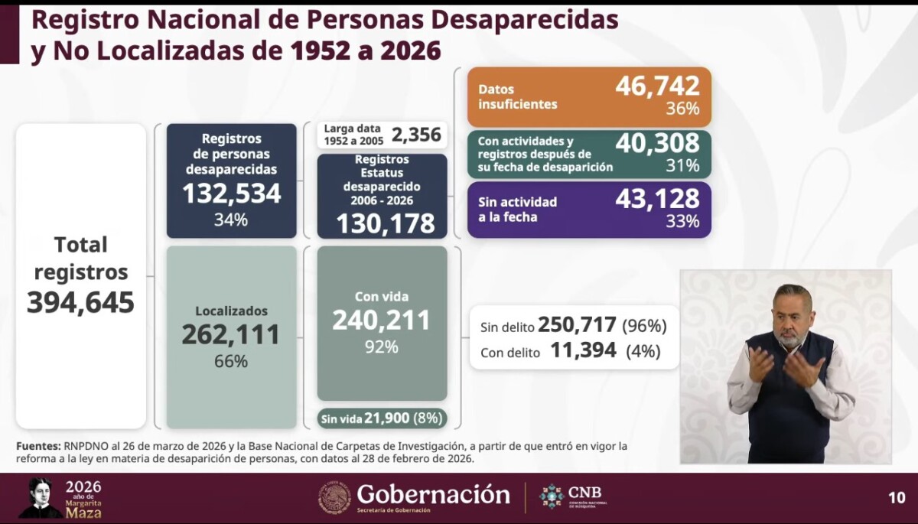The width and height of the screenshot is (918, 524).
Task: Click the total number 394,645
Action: point(80,303)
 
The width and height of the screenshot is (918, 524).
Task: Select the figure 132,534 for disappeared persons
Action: point(231,194)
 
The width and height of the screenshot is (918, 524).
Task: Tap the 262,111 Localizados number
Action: point(231,334)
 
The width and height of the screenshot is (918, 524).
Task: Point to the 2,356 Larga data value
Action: point(416,135)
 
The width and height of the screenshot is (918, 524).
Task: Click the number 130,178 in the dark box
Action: point(385,223)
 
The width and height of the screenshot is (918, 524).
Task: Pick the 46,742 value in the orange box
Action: point(657,86)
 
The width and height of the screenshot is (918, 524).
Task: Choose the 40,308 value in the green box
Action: point(657,143)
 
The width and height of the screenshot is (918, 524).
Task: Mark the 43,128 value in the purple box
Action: point(657,198)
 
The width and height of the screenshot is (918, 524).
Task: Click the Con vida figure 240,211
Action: point(381,321)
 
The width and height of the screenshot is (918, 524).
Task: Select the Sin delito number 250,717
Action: point(577,325)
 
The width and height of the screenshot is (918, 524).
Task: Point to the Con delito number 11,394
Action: point(583,352)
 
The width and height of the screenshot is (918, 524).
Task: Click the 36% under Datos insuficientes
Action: point(682,109)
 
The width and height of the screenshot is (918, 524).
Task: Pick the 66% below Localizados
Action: point(231,361)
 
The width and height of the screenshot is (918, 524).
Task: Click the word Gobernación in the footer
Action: point(433,494)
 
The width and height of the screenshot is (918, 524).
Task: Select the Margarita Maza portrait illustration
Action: point(40,498)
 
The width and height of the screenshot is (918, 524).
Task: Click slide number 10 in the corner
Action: point(897,498)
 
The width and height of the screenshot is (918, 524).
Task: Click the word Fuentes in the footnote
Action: point(37,445)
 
